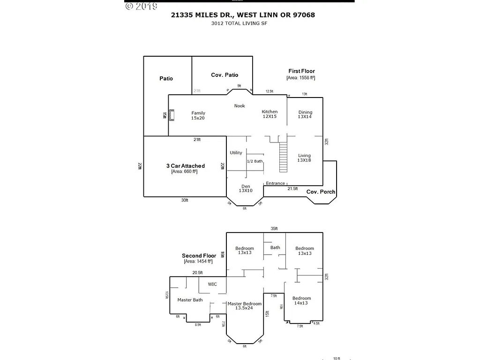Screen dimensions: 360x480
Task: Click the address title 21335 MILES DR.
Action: tap(242, 15)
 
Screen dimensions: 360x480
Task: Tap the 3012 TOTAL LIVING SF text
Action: tap(242, 23)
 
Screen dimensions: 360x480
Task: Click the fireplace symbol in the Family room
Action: tap(172, 115)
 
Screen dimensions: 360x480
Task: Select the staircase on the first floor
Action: tap(283, 158)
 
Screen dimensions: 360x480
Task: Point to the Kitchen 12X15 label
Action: tap(270, 114)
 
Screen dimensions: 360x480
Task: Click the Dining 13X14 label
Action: tap(305, 114)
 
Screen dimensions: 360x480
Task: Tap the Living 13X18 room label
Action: tap(304, 158)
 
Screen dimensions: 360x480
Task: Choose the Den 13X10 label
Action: tap(246, 188)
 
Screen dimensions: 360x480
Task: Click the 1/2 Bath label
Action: tap(255, 161)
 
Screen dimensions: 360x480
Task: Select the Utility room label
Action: tap(236, 153)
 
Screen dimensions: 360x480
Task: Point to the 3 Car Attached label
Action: tap(185, 168)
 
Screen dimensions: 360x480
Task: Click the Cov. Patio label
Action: tap(225, 75)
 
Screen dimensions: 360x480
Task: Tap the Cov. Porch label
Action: tap(321, 192)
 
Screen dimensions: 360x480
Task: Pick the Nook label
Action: tap(240, 106)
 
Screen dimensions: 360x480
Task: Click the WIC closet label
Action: tap(212, 284)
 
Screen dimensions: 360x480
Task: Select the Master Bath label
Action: tap(190, 300)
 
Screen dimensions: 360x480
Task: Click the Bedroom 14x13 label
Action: tap(301, 301)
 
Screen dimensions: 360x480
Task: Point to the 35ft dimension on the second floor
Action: tap(274, 229)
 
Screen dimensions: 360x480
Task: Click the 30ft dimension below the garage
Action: tap(185, 201)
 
